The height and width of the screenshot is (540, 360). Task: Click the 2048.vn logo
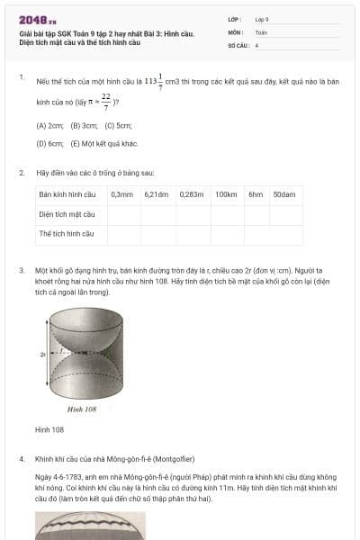37,19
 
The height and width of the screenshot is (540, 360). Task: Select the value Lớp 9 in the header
262,19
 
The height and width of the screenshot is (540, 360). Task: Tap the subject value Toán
261,31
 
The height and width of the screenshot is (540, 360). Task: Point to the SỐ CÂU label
238,44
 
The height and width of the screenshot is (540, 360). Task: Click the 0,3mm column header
122,194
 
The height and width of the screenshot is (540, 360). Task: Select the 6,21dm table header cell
157,194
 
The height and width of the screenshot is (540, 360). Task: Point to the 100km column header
226,194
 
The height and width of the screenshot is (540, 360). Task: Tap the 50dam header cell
284,194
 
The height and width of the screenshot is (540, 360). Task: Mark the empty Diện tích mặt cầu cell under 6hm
256,214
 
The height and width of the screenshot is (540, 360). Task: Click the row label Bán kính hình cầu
67,194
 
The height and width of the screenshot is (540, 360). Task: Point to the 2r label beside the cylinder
42,355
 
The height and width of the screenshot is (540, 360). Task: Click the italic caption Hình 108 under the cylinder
82,409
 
